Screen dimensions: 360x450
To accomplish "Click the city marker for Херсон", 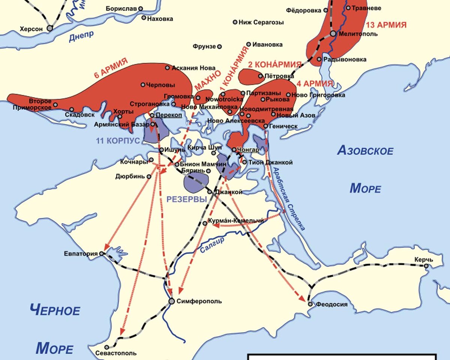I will pos(49,28).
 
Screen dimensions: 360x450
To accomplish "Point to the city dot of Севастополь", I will pos(107,347).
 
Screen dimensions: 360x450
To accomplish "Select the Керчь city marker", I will pos(426,266).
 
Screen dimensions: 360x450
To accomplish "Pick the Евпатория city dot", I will pos(101,253).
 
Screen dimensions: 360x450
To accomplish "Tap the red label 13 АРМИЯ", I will pos(386,25).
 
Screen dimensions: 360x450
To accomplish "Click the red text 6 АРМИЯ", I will pos(111,68).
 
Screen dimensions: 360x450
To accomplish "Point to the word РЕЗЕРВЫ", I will pos(187,199).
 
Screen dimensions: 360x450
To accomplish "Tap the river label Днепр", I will pos(81,36).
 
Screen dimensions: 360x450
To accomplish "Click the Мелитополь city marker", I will pos(333,34).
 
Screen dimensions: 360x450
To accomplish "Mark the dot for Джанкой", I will pos(210,192).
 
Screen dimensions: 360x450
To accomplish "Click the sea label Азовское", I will pos(365,151).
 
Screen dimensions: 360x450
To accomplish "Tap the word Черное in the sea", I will pos(55,310).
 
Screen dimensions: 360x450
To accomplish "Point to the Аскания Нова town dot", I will pos(167,68).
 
